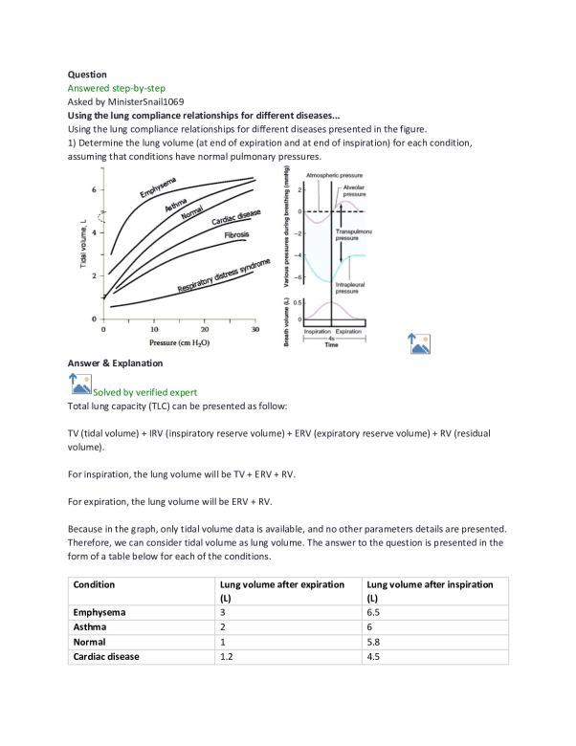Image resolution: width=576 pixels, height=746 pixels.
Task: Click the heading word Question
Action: [x=87, y=73]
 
